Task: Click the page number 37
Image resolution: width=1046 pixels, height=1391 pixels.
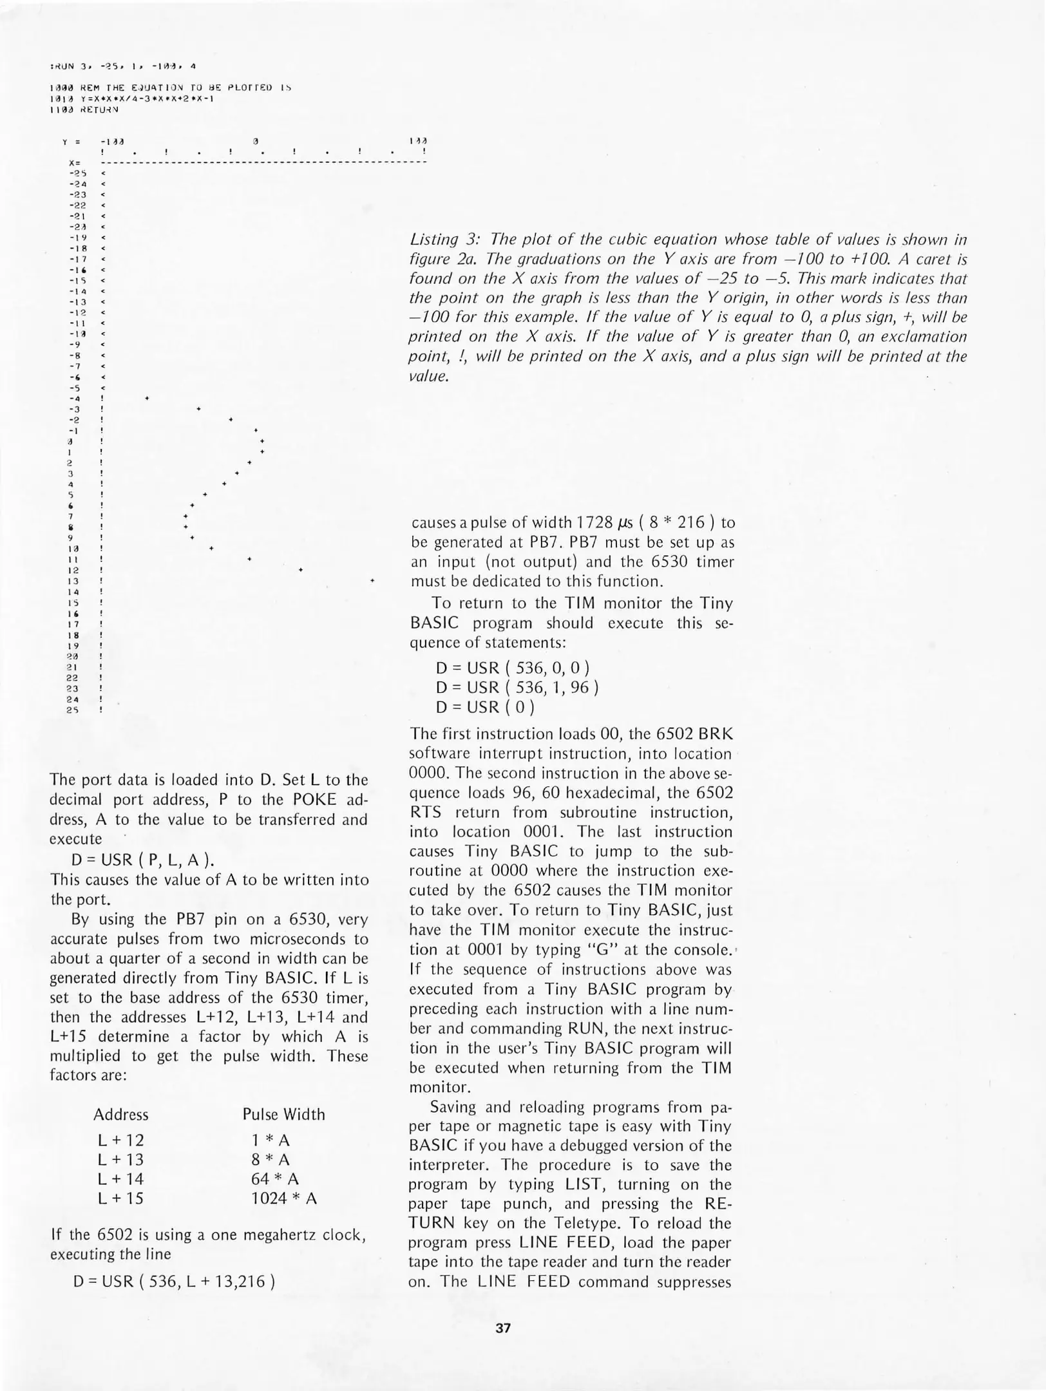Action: [x=503, y=1328]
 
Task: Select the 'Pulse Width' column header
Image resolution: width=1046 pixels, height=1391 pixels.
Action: [x=283, y=1115]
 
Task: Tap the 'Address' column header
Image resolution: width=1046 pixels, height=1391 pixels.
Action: [x=120, y=1115]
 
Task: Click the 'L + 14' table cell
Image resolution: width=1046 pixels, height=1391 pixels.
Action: [x=120, y=1179]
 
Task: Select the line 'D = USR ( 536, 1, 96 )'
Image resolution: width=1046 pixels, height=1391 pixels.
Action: [x=517, y=687]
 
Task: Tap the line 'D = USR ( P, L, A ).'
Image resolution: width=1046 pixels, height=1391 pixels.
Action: [x=142, y=860]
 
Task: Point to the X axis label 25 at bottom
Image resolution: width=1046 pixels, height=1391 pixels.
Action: [x=72, y=710]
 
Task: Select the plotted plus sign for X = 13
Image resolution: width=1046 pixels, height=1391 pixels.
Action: [x=372, y=581]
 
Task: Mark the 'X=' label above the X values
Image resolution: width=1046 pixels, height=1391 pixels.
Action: [x=73, y=162]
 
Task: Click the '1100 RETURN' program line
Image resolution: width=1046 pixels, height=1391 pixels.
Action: [x=84, y=109]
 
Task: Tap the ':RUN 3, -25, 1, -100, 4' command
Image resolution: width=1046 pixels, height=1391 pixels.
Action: [x=122, y=66]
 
